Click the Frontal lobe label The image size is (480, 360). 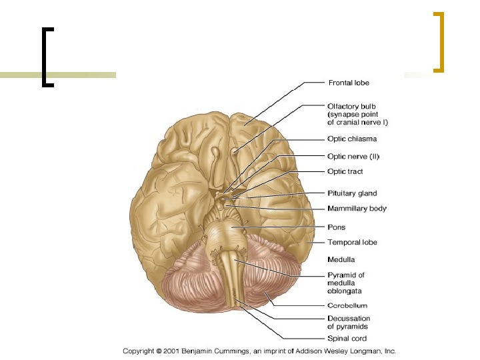pos(348,83)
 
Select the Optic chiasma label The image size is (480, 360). pos(352,139)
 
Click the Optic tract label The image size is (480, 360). pos(345,171)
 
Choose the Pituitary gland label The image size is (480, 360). pos(352,193)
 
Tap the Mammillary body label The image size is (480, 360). pos(357,209)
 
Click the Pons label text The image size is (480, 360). pos(336,227)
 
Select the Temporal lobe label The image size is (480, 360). pos(352,242)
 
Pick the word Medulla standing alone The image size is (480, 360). pos(341,259)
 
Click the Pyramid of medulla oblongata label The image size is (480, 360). pos(346,283)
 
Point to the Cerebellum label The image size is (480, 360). pos(347,306)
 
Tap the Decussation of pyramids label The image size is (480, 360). pos(349,323)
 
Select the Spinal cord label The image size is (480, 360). pos(347,339)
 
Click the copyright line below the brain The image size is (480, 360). pos(259,351)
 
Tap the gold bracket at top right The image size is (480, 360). pos(438,41)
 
